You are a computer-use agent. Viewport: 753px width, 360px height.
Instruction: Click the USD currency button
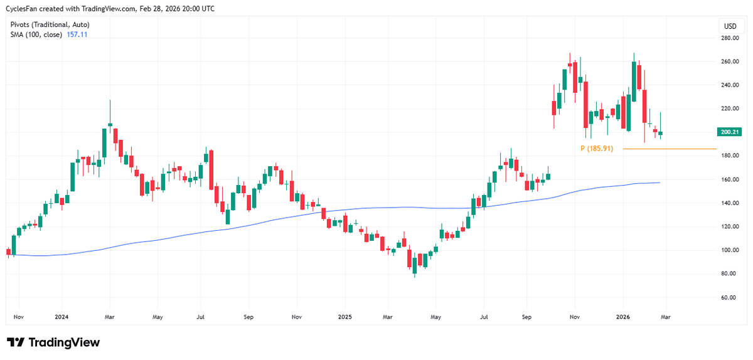coord(730,26)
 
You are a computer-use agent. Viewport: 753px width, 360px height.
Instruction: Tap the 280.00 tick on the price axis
coord(730,38)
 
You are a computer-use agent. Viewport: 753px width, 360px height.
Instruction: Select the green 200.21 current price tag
coord(730,132)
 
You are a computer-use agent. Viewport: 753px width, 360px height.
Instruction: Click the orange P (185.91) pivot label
coord(596,149)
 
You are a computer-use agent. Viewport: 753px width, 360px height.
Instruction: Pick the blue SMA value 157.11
coord(77,34)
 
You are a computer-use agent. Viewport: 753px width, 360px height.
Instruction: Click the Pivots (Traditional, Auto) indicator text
coord(50,24)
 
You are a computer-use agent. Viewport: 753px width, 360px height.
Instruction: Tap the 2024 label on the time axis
coord(61,317)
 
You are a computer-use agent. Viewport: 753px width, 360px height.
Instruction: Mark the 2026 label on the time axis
coord(622,317)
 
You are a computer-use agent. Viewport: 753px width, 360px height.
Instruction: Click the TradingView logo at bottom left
coord(53,342)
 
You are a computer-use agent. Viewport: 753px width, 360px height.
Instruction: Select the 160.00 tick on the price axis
coord(730,179)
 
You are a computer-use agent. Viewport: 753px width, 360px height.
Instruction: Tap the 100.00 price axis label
coord(730,250)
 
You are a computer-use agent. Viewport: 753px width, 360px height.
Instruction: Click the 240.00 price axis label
coord(730,85)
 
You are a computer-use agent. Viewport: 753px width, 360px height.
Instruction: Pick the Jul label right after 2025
coord(484,317)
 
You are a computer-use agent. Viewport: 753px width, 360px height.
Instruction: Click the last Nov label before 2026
coord(575,317)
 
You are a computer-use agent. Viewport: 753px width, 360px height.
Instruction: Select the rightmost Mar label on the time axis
coord(665,317)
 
